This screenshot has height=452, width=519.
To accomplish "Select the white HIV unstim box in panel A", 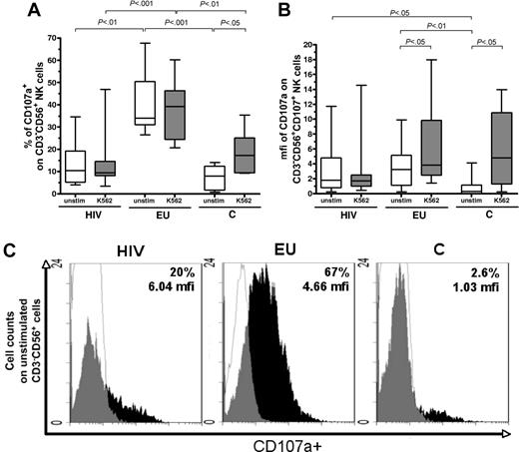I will click(74, 165).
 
